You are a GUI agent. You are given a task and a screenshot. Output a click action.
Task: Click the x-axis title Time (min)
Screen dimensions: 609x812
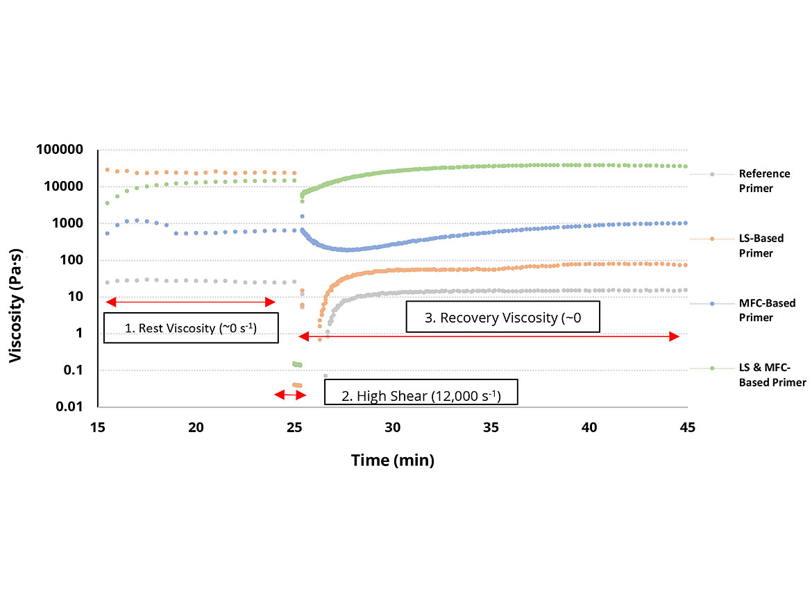point(392,460)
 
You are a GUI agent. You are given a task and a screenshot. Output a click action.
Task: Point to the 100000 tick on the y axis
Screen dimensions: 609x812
point(62,150)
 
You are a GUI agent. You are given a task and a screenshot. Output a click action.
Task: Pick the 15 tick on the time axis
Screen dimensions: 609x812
point(98,427)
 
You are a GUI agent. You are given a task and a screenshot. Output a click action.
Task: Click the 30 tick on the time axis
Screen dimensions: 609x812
point(392,427)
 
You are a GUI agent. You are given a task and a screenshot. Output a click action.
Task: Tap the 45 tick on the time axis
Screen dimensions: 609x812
point(687,427)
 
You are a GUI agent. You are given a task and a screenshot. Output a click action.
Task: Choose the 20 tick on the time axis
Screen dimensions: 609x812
point(196,427)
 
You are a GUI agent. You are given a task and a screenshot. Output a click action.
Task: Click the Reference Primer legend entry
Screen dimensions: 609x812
point(763,180)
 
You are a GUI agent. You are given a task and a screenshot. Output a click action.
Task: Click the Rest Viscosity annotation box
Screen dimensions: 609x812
point(190,328)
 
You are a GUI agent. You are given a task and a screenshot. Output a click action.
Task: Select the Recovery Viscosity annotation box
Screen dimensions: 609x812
point(502,318)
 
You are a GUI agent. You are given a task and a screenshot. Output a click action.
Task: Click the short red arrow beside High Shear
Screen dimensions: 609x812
point(290,395)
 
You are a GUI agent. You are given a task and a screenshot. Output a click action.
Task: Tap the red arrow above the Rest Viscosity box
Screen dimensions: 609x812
point(190,302)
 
